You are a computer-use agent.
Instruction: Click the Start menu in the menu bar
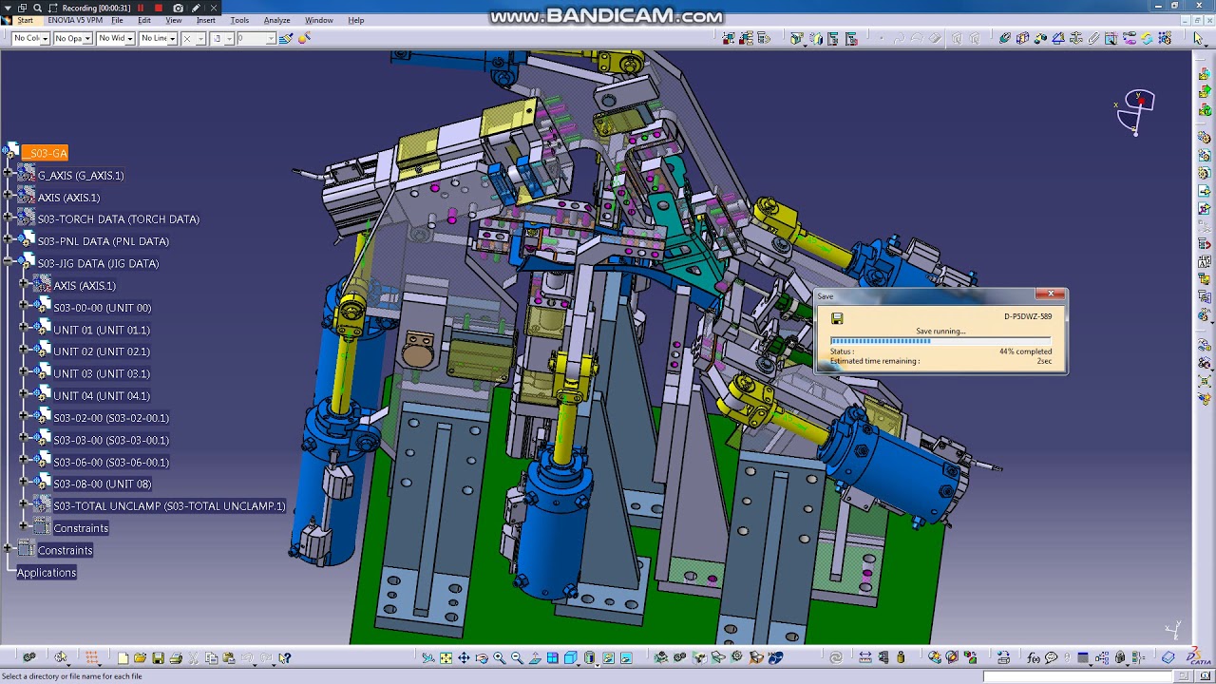coord(25,20)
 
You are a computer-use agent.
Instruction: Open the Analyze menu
coord(276,20)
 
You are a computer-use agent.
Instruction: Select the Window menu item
coord(318,20)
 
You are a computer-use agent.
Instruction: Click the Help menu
coord(356,20)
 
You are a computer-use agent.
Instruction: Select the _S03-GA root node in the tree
coord(46,153)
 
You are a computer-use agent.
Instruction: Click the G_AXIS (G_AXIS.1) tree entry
coord(81,176)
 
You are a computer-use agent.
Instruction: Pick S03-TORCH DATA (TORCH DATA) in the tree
coord(118,219)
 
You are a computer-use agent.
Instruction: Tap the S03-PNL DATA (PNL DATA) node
coord(103,241)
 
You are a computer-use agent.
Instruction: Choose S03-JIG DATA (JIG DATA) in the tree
coord(98,264)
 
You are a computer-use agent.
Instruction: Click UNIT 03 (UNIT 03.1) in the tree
coord(102,374)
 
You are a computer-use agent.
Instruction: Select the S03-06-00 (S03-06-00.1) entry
coord(111,463)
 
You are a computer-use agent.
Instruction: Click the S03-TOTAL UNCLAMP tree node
coord(169,506)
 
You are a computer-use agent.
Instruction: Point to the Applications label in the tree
coord(47,573)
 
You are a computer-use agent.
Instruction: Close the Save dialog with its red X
coord(1051,294)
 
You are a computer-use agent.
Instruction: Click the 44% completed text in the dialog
coord(1025,351)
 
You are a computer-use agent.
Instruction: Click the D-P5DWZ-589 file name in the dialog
coord(1027,316)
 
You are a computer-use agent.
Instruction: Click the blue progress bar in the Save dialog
coord(881,341)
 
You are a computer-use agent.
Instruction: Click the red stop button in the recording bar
coord(159,8)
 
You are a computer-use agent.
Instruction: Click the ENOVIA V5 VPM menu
coord(74,20)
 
